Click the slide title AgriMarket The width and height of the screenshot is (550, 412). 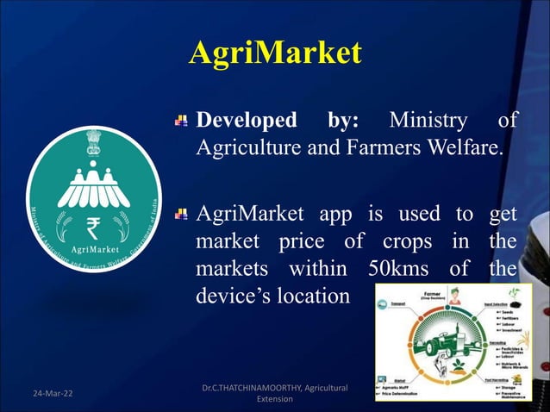tap(274, 53)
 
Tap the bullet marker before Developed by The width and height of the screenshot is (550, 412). tap(180, 121)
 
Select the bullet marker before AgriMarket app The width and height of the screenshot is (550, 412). tap(180, 212)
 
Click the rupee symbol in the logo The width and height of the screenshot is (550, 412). tap(94, 229)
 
